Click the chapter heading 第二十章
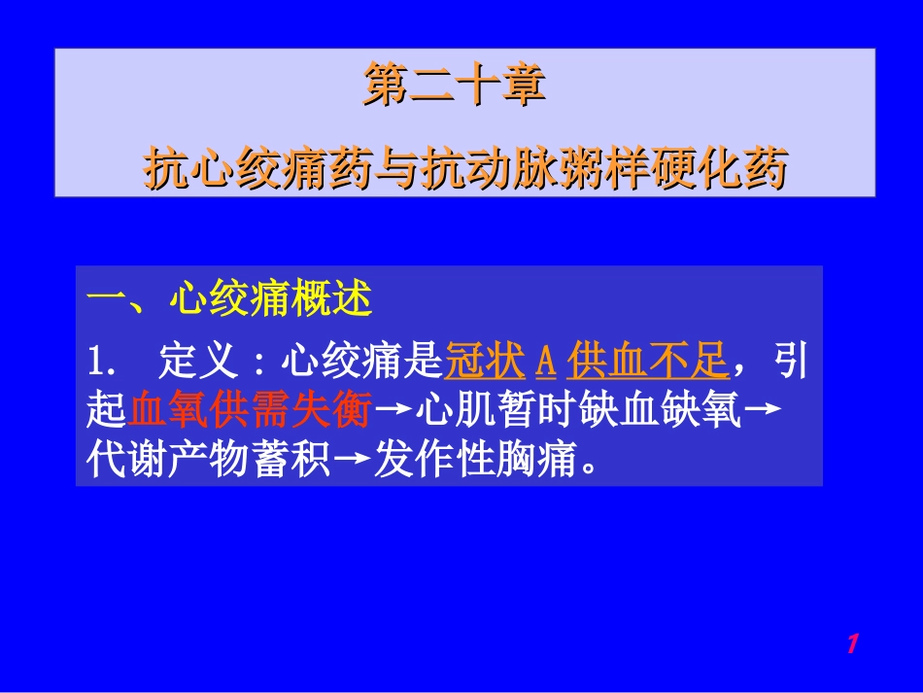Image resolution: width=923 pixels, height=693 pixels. click(x=454, y=85)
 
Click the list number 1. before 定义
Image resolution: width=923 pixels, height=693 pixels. click(x=101, y=363)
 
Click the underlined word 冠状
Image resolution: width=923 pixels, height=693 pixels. click(x=485, y=363)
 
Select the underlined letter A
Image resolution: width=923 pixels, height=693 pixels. click(x=546, y=363)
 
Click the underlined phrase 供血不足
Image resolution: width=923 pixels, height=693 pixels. click(x=647, y=363)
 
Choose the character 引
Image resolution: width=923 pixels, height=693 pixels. click(x=789, y=363)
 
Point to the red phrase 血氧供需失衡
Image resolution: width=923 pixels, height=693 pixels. click(x=250, y=411)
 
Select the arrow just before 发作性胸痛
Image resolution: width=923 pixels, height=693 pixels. click(x=351, y=461)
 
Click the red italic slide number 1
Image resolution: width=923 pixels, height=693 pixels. click(x=852, y=642)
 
